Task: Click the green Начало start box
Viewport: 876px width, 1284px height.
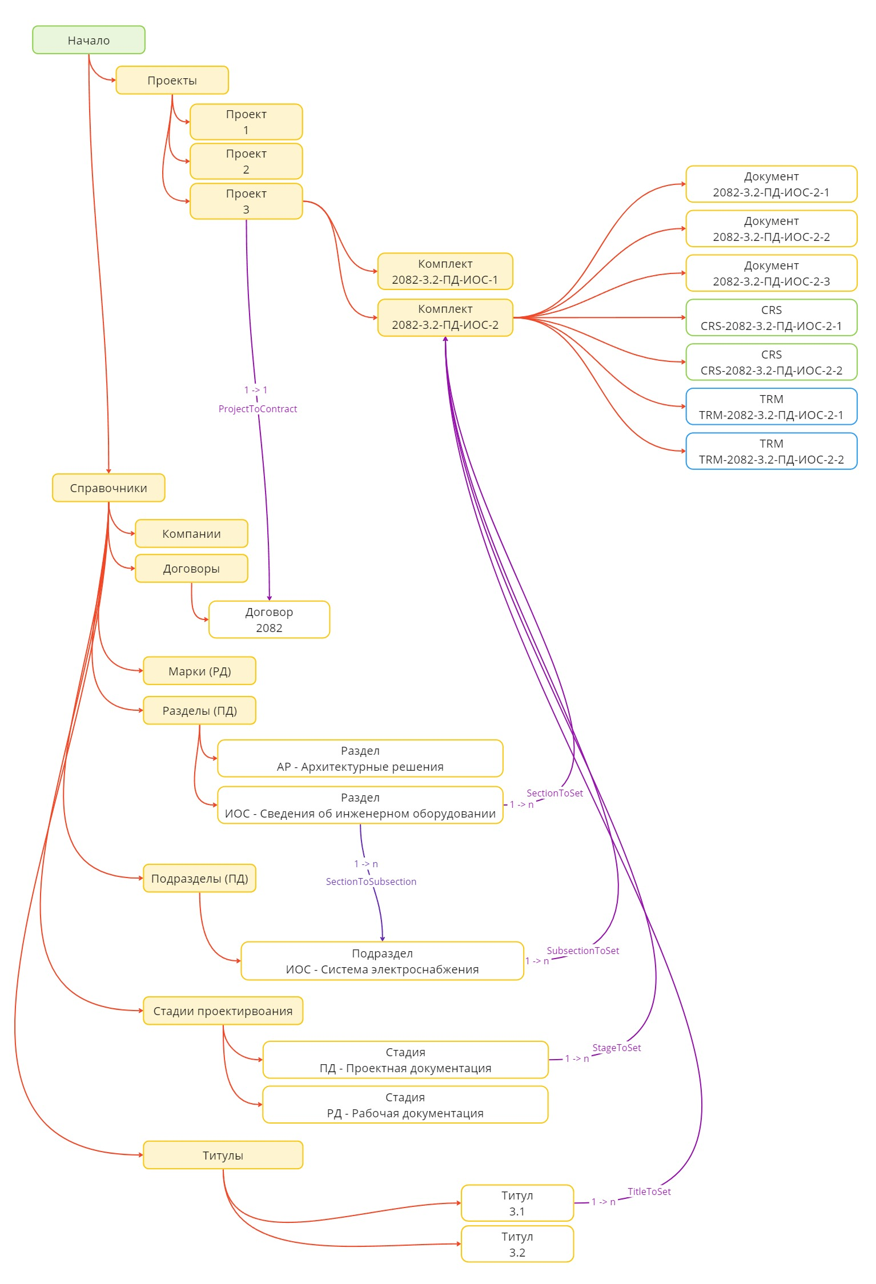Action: (x=89, y=40)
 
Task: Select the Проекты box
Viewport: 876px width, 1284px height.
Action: (x=172, y=80)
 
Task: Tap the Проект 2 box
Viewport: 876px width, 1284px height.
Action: (x=246, y=161)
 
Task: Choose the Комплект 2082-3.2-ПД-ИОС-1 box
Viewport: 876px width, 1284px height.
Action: (x=445, y=271)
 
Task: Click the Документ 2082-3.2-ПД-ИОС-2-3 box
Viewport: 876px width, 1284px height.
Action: (x=771, y=273)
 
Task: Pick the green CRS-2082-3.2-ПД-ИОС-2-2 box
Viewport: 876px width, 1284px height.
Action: (x=771, y=362)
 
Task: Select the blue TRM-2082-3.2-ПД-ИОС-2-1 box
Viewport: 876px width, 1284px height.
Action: (x=771, y=406)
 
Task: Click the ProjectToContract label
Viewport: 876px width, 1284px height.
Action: (x=258, y=409)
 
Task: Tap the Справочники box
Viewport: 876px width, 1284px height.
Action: (x=109, y=488)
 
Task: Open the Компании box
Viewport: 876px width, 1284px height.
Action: (x=191, y=533)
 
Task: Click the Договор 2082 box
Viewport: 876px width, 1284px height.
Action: (x=269, y=619)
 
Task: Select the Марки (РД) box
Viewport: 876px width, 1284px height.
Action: (x=199, y=671)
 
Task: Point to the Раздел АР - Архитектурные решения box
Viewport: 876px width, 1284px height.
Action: (x=360, y=758)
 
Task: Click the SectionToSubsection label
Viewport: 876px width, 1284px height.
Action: (x=371, y=882)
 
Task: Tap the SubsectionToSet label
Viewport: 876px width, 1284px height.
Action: (x=582, y=951)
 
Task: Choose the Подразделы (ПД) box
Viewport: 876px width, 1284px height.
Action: (x=199, y=878)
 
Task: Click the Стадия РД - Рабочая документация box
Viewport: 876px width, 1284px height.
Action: (x=405, y=1105)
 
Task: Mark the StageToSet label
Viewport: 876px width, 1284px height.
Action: (x=616, y=1048)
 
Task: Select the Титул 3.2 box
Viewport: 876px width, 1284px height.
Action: (x=517, y=1244)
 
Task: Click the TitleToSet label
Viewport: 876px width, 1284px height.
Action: (x=649, y=1192)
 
